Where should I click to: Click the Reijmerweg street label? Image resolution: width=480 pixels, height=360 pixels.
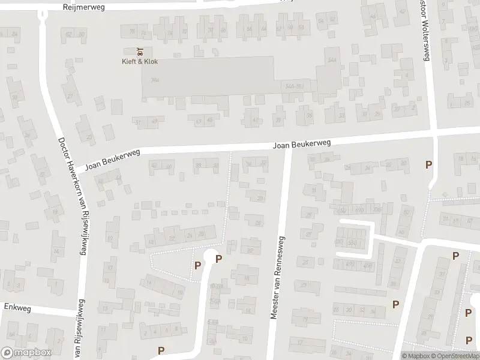(85, 7)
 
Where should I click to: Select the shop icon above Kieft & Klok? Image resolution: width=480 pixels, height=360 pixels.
(140, 50)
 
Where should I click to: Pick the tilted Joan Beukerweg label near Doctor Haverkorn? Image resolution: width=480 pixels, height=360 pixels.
(112, 160)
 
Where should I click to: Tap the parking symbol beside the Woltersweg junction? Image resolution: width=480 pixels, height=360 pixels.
(428, 164)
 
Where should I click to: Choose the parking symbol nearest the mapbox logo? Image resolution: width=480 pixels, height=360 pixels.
(161, 350)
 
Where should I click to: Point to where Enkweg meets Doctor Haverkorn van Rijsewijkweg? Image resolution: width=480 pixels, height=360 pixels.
(79, 313)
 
